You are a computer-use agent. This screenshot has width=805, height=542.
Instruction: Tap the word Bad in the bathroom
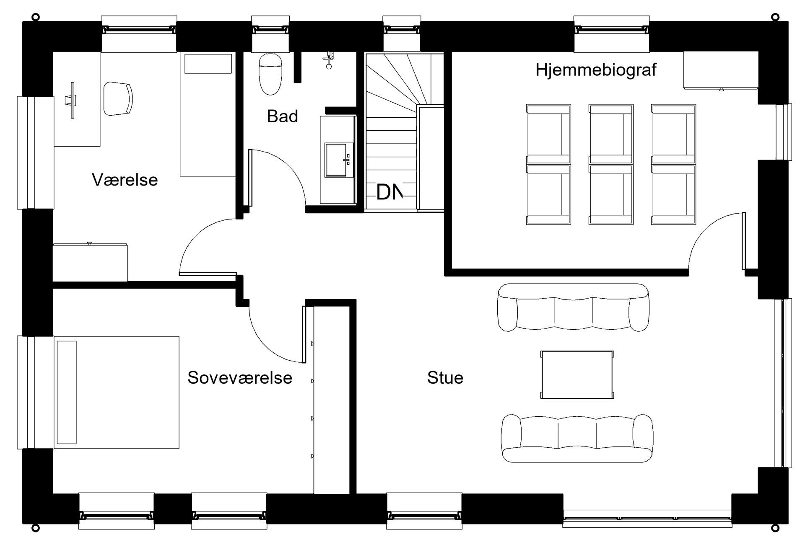(282, 116)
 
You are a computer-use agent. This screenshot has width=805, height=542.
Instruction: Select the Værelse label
(125, 180)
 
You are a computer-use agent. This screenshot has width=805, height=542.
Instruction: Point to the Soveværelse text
(239, 378)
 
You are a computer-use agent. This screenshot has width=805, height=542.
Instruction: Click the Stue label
(445, 378)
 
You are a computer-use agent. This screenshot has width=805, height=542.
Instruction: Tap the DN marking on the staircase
(389, 192)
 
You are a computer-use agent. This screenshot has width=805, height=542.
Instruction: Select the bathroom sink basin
(336, 160)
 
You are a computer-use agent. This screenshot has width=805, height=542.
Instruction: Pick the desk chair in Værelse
(118, 98)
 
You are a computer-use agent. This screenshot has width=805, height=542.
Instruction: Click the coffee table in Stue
(577, 375)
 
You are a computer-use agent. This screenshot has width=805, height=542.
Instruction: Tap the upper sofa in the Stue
(573, 307)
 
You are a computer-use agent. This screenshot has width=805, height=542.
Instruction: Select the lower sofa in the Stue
(577, 438)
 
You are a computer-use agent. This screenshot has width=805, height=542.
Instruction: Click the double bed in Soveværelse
(117, 392)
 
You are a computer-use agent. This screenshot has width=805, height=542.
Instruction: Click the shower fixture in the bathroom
(329, 60)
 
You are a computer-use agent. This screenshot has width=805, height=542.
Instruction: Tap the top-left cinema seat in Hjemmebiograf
(548, 134)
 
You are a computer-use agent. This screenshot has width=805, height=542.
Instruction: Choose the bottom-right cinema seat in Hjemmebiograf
(673, 195)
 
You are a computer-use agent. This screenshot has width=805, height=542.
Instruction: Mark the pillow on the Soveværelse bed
(67, 392)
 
